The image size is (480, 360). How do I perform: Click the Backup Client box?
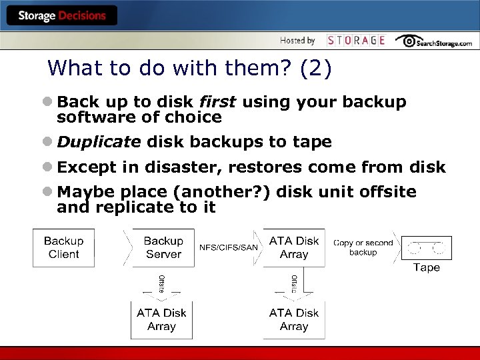click(x=64, y=247)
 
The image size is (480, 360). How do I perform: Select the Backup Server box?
click(x=163, y=247)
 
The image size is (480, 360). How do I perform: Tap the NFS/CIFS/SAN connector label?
click(x=229, y=248)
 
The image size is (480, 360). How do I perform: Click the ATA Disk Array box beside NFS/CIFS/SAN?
click(x=294, y=247)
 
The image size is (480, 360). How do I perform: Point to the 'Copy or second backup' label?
click(x=363, y=247)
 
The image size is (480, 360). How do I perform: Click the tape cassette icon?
click(x=426, y=248)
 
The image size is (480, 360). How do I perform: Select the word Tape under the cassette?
click(x=426, y=268)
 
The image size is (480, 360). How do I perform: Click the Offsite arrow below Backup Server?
click(x=161, y=284)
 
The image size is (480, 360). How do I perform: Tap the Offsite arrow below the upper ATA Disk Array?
click(x=294, y=284)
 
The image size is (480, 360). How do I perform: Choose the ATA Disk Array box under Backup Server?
click(x=161, y=319)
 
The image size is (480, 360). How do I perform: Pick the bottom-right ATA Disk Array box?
click(x=294, y=319)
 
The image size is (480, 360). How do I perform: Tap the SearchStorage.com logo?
click(x=434, y=41)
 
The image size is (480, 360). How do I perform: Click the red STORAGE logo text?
click(x=356, y=41)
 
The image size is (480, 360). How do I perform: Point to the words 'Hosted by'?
click(x=297, y=41)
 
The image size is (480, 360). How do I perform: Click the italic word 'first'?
click(x=217, y=102)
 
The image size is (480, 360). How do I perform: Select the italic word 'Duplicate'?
click(x=99, y=142)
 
